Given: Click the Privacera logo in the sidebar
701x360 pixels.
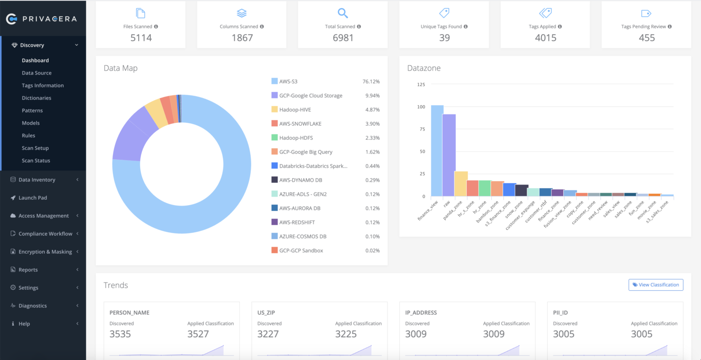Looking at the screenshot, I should coord(41,19).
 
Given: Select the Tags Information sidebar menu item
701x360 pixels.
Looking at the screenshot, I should coord(43,85).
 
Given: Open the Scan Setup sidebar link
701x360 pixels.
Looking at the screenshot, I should coord(35,148).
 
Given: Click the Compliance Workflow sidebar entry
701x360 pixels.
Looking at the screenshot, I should coord(45,234).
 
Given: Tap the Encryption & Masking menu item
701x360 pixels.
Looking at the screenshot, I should coord(45,252).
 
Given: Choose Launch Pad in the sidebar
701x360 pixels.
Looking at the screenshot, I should coord(33,198).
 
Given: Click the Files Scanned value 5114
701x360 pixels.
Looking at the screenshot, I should coord(141,38).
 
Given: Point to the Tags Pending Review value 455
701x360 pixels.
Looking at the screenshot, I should coord(646,38).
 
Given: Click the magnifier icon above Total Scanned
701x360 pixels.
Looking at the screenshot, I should coord(343,13).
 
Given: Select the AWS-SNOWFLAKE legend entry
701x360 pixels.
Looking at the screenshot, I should coord(300,124).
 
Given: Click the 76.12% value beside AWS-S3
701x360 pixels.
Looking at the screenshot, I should coord(371,82).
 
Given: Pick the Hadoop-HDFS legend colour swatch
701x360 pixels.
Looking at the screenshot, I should coord(275,138).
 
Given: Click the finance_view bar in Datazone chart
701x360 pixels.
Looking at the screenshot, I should coord(437,151).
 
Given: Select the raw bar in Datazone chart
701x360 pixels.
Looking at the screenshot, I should coord(449,155).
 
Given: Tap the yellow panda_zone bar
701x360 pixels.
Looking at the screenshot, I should coord(461,184).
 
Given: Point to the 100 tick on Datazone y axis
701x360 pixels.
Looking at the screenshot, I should coord(421,107).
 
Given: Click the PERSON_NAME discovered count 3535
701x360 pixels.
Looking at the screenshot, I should coord(120,334).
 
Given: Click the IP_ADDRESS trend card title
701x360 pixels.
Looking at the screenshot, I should coord(421,313).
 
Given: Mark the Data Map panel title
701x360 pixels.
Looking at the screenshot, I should coord(120,68).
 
